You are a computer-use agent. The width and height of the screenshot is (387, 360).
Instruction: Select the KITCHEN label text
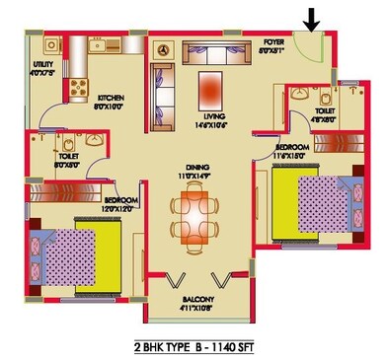click(x=110, y=98)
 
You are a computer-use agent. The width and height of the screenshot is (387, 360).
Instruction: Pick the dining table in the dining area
click(x=194, y=217)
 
